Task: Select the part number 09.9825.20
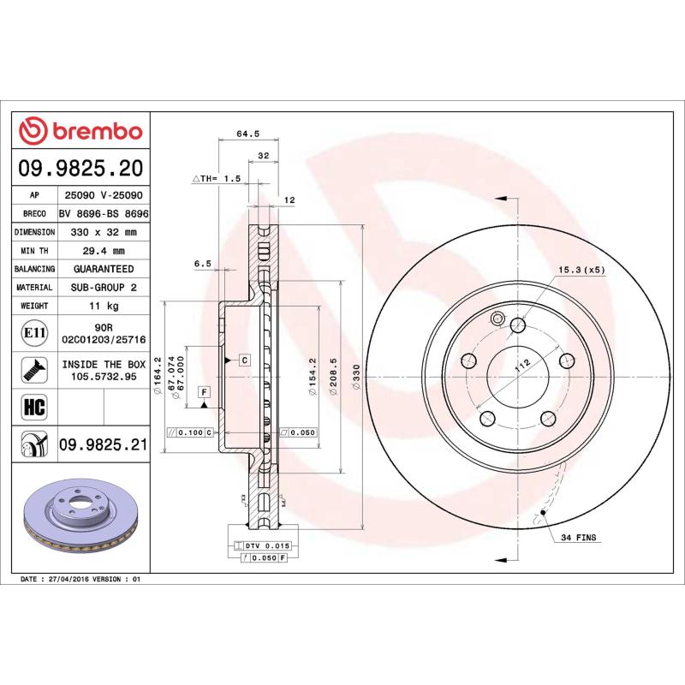point(81,167)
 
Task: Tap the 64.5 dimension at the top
point(247,134)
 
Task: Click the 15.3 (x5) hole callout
point(581,269)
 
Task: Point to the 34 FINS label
point(578,538)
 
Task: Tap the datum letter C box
point(244,360)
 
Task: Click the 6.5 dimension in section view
point(203,265)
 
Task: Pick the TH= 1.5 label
point(217,179)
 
